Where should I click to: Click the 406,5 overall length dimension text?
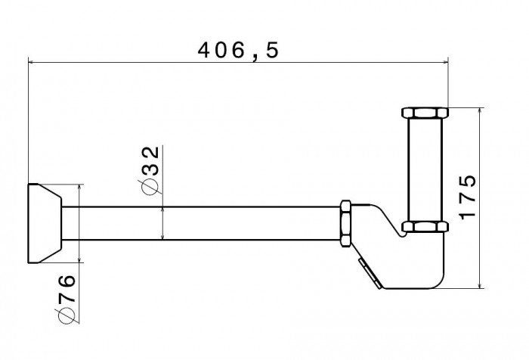point(238,51)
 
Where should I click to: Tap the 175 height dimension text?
point(468,197)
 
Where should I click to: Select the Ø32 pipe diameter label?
point(149,170)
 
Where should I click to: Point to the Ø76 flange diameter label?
point(66,299)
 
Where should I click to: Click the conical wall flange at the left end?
point(45,223)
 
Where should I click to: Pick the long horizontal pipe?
point(201,223)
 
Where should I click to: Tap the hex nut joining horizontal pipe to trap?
point(345,224)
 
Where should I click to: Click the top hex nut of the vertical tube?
point(425,113)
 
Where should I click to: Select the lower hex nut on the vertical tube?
point(425,227)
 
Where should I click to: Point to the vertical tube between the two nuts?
point(425,169)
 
